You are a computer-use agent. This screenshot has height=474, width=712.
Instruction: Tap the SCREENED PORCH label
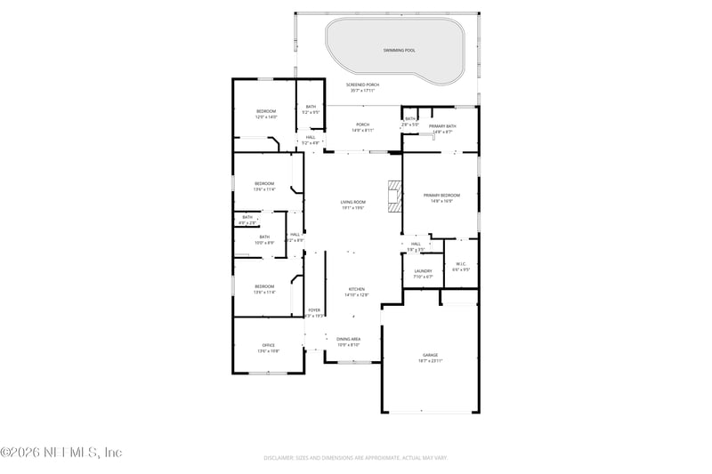pos(362,84)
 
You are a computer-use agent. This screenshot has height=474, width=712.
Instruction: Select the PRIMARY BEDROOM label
pos(441,195)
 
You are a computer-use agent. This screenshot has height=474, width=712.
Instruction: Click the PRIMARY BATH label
pos(442,126)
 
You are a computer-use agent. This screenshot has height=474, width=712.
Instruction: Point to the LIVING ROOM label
pos(353,202)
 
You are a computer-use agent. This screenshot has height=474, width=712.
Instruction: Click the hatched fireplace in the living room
pos(393,196)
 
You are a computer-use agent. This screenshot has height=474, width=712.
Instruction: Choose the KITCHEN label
pos(357,289)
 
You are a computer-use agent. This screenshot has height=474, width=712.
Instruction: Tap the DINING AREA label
pos(349,339)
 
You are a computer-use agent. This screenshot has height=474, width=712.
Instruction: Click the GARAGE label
pos(431,354)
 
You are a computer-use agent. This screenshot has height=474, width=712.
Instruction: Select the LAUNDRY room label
pos(423,270)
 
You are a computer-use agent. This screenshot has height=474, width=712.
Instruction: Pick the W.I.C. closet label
pos(461,263)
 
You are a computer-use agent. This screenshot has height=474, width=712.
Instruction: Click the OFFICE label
pos(268,345)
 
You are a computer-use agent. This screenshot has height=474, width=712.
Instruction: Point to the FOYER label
pos(314,309)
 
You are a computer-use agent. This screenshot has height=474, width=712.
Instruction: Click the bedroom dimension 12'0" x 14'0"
pos(267,116)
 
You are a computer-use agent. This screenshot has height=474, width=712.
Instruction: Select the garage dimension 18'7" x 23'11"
pos(431,360)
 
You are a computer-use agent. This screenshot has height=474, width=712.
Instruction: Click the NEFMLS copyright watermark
pos(61,453)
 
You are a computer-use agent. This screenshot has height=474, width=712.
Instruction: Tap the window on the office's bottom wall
pos(267,373)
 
